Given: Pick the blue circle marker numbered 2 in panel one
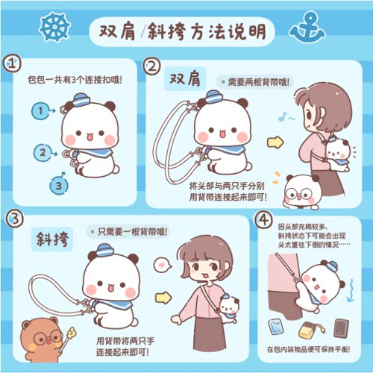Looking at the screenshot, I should [43, 152].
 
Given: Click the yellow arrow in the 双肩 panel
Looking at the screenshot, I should [275, 141].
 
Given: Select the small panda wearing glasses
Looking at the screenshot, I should [303, 192].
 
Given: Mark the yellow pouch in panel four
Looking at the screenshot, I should [307, 329].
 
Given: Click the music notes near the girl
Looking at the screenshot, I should [286, 117].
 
